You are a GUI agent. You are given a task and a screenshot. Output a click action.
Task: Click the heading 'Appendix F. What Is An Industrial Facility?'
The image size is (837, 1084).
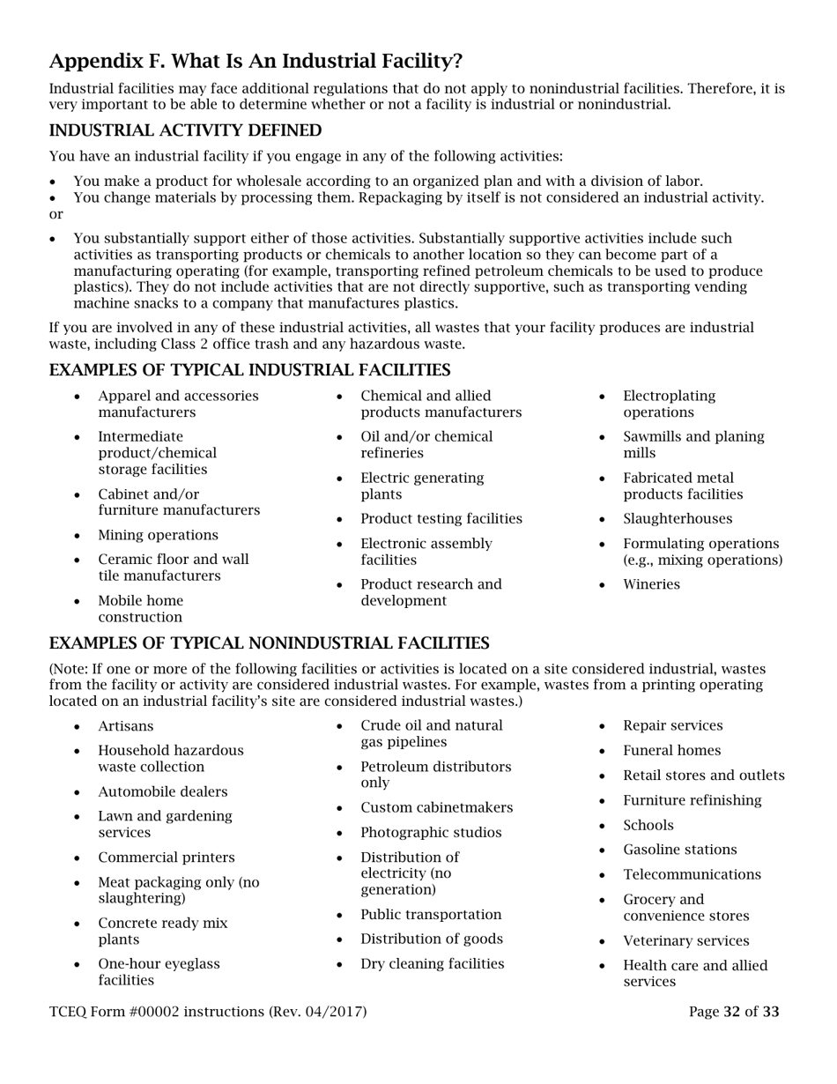click(x=256, y=61)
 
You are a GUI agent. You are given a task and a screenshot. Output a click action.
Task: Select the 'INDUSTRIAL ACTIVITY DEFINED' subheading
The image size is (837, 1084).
click(x=185, y=130)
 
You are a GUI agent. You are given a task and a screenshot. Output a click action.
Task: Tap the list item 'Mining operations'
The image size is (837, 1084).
click(x=158, y=535)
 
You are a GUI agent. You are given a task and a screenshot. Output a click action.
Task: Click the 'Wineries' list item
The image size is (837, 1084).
click(x=651, y=584)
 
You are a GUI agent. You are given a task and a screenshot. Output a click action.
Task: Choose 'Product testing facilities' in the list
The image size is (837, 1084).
click(x=441, y=519)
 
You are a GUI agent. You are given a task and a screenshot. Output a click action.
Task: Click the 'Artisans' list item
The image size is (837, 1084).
click(x=125, y=726)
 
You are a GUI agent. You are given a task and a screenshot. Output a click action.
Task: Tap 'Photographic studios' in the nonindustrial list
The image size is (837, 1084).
click(x=431, y=833)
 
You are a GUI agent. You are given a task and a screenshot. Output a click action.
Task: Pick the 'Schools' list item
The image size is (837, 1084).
click(x=648, y=825)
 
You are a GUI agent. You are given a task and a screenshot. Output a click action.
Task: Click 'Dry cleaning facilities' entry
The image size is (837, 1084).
click(x=432, y=963)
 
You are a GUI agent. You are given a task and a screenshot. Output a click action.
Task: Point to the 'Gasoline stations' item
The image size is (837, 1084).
click(x=679, y=850)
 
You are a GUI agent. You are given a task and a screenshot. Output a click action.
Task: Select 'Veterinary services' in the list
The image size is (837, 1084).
click(x=685, y=940)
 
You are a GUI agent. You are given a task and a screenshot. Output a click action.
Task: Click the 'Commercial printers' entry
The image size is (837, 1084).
click(x=166, y=858)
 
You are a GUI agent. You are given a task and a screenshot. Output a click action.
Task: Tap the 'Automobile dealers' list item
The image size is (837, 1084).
click(x=162, y=791)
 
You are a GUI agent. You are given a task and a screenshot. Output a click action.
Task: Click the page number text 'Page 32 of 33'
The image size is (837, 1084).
click(x=734, y=1012)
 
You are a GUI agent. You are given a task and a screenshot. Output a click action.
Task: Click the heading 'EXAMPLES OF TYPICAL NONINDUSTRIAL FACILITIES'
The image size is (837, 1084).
click(x=269, y=642)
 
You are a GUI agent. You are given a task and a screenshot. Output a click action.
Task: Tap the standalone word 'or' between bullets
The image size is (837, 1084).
click(x=56, y=214)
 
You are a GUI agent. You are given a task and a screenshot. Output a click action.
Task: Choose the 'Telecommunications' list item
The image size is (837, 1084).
click(x=692, y=874)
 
